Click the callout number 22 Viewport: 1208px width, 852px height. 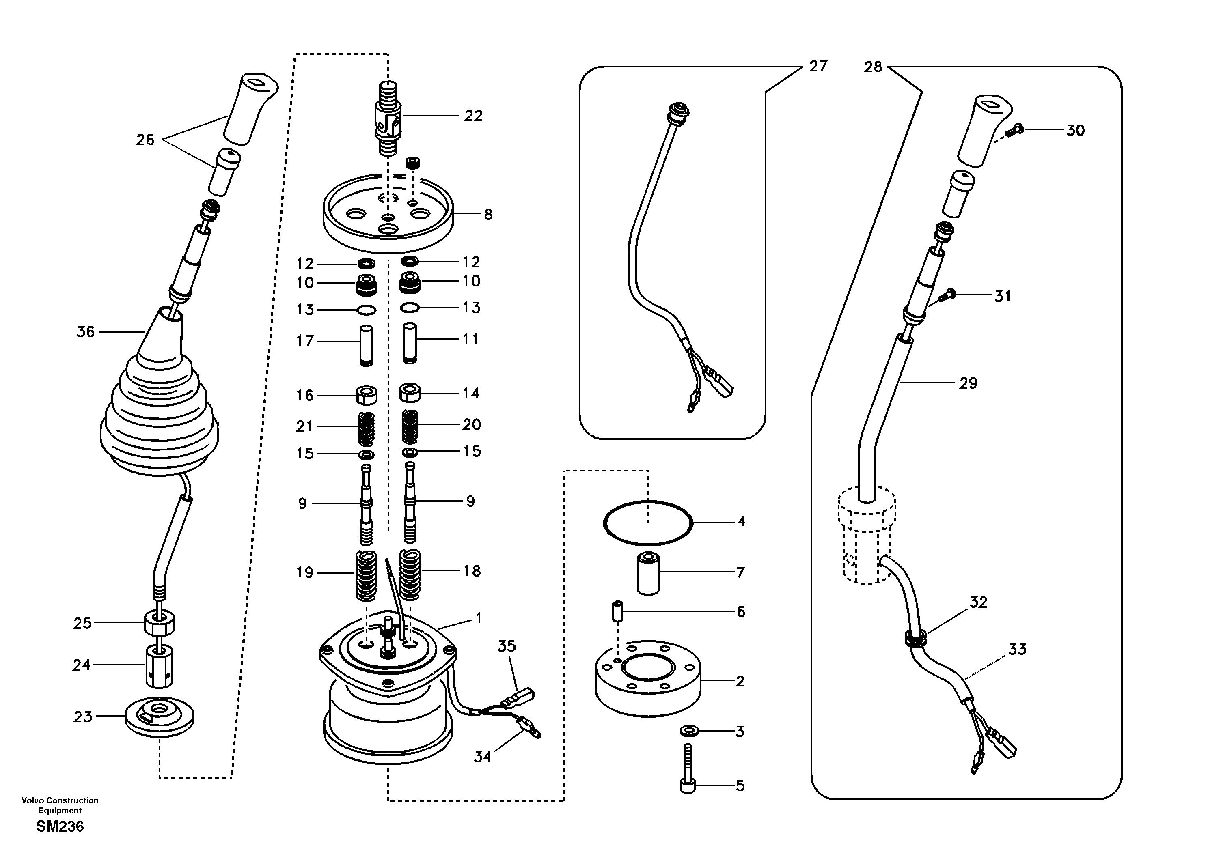(473, 116)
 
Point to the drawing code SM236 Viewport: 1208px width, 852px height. (60, 827)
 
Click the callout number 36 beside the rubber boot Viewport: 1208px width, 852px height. (86, 332)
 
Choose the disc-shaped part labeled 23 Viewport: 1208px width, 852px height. (160, 716)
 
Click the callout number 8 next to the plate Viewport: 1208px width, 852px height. (488, 215)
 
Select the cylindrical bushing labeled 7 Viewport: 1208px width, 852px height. (648, 573)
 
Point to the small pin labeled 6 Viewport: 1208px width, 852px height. (618, 612)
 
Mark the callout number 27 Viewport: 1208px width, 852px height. (818, 66)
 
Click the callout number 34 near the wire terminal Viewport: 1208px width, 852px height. (483, 757)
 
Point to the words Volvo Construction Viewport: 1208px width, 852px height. (60, 800)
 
